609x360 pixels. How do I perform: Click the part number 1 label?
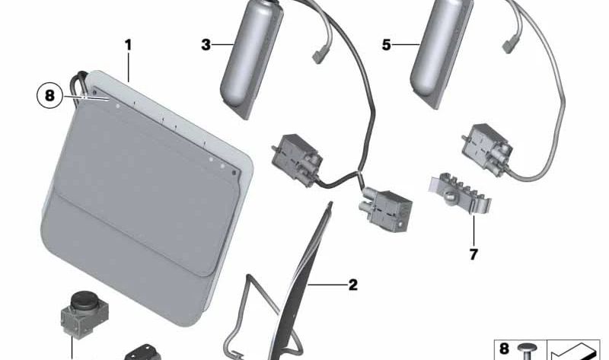coord(128,45)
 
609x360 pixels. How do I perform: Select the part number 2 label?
coord(352,285)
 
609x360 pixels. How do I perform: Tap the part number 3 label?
coord(206,45)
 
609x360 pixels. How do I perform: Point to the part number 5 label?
coord(386,45)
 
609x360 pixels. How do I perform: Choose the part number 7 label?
coord(473,255)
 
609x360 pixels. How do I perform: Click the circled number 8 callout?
coord(49,96)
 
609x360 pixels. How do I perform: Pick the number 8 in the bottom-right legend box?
coord(504,349)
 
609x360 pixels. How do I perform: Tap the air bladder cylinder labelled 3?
coord(251,59)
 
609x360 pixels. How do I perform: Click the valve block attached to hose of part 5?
coord(487,147)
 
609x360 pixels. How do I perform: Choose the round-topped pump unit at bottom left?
coord(84,314)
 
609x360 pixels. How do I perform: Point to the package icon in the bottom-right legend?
coord(573,352)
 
